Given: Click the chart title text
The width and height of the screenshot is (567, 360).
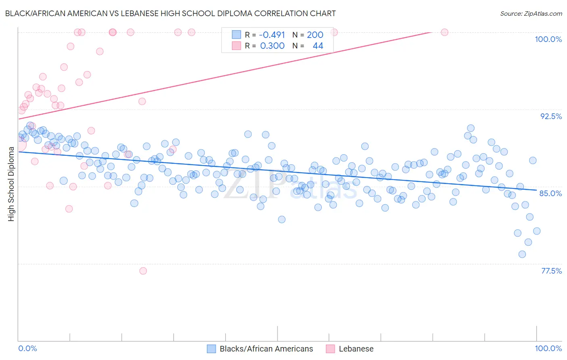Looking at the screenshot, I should (170, 13).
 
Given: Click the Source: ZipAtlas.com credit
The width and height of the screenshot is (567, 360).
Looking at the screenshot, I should (531, 13).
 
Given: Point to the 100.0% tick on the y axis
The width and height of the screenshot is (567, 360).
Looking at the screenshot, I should (548, 39).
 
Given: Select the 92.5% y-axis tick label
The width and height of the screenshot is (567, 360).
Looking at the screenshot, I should (551, 116).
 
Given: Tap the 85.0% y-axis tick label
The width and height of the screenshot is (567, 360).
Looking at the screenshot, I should (550, 193).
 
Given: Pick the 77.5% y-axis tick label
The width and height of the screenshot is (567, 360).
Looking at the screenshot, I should (551, 271).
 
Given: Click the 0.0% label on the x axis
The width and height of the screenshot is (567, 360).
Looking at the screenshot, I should (27, 348).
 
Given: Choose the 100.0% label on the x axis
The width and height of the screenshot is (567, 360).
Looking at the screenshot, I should (548, 348).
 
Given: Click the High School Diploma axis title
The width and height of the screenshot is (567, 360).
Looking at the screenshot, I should (11, 184).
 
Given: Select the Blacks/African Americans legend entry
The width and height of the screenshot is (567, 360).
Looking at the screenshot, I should (266, 349).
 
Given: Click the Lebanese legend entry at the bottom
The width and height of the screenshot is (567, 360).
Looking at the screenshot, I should (356, 349).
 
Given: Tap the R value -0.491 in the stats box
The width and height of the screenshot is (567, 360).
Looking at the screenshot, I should (272, 35).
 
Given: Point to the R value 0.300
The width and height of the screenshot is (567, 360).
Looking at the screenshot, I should (272, 46).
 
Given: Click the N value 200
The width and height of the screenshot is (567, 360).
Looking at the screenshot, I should (315, 35).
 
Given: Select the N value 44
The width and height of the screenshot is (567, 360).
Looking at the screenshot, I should (318, 46).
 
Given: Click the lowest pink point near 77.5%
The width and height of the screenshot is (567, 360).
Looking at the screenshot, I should (143, 271).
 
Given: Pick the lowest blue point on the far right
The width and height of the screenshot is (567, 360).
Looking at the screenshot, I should (522, 254).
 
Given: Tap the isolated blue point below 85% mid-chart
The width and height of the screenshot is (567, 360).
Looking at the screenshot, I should (281, 220).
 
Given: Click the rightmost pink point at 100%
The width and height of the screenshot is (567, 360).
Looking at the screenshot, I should (444, 32).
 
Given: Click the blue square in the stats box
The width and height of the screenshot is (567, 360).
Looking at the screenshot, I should (236, 35).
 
